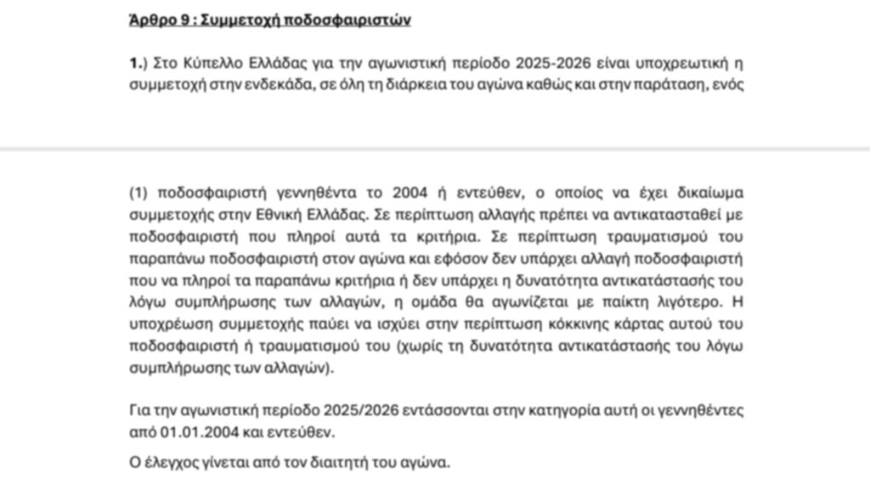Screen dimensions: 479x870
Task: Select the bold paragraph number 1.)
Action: pos(138,63)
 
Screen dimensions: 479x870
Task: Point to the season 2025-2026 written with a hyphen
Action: pos(526,63)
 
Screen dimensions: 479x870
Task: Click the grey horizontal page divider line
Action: pos(435,149)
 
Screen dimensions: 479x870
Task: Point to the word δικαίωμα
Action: pos(709,191)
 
